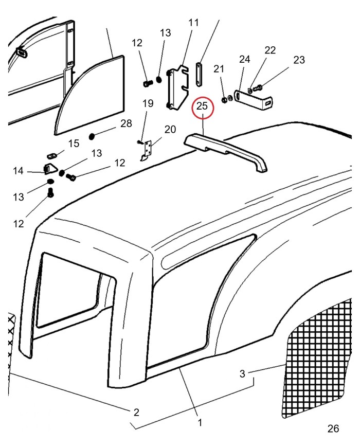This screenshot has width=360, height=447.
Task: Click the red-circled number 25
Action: pos(202,106)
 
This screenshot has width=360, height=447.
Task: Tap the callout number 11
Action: pos(193,23)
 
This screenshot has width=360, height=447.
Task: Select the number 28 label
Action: pos(125,123)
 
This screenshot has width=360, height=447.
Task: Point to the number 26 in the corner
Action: pos(333,428)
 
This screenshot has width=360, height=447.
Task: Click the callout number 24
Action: pos(244,59)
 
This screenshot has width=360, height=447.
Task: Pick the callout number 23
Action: pos(299,60)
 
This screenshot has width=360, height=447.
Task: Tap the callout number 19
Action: pos(148,103)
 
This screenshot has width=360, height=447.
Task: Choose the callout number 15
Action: pos(74,143)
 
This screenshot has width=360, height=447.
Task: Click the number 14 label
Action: pos(19,170)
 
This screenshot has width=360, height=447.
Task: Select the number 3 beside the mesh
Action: pos(242,373)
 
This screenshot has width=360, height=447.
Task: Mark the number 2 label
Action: pos(136,412)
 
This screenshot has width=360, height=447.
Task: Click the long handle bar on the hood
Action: pos(226,150)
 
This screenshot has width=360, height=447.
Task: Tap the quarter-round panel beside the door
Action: pos(93,95)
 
